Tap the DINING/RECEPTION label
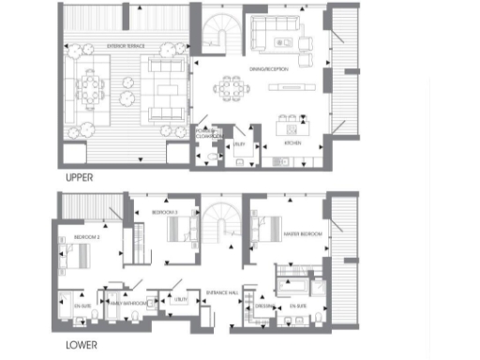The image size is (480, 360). click(x=268, y=68)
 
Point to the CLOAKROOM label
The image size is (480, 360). click(x=209, y=136)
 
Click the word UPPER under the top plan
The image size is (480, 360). click(x=80, y=177)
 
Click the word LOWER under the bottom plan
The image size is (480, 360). click(x=81, y=344)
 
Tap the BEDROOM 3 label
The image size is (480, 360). click(x=165, y=214)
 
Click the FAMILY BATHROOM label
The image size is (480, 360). click(x=124, y=304)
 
